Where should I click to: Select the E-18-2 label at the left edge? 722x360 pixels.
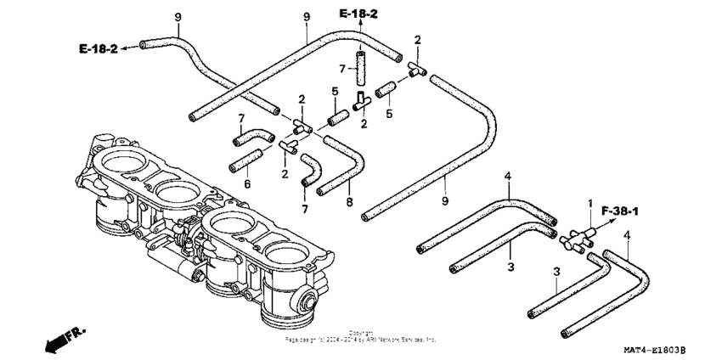(99, 49)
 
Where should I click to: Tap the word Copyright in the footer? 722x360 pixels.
(360, 332)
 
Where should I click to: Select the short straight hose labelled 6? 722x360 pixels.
(247, 160)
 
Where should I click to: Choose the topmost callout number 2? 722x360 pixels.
(417, 40)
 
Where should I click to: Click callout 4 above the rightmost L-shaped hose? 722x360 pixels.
(628, 234)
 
